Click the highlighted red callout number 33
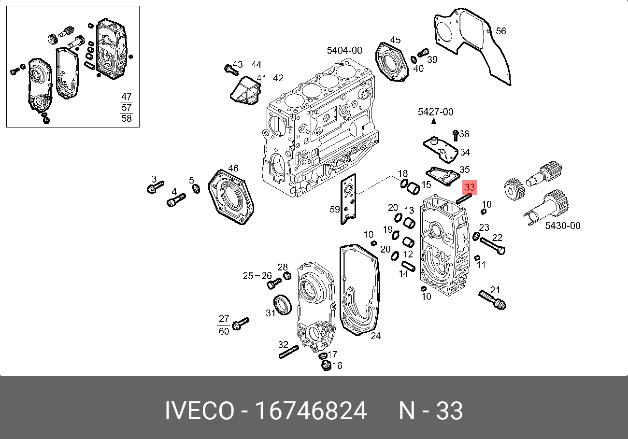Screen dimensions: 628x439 coord(470,187)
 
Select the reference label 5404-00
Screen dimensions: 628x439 coord(344,50)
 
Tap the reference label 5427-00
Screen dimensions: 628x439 coord(435,112)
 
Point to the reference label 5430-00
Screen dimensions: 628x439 coord(563,226)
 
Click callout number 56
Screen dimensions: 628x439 coord(501,31)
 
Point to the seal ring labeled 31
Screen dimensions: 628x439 coord(283,304)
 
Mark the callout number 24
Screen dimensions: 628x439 coord(375,336)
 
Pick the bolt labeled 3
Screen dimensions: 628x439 coord(155,187)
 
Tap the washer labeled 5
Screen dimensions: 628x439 coord(196,188)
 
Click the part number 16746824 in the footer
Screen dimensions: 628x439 coord(311,411)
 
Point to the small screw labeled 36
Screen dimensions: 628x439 coord(455,134)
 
